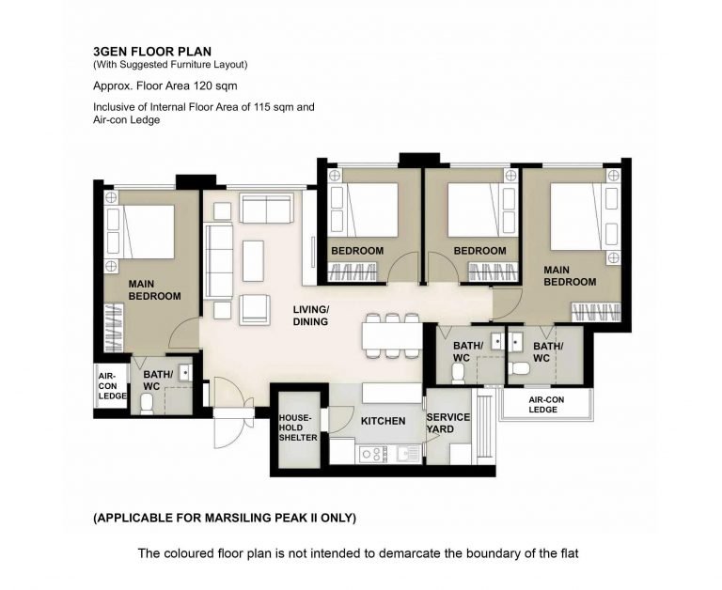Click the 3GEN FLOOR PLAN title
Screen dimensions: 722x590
(152, 51)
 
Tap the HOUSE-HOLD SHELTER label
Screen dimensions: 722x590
(298, 427)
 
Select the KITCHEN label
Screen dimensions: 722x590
(384, 421)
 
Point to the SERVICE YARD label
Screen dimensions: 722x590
(447, 423)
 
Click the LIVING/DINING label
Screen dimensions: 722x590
(311, 316)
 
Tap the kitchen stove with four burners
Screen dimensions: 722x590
(374, 454)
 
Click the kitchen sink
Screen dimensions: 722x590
(407, 454)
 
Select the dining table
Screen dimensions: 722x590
(392, 336)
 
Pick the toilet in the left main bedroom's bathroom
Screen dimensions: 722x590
(148, 404)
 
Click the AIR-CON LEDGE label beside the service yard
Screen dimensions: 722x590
(545, 405)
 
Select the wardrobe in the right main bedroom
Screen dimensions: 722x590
(596, 312)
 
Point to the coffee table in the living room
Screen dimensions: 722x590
(253, 260)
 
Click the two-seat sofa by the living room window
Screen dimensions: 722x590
(267, 209)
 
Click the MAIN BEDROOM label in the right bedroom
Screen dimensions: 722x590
(570, 275)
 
